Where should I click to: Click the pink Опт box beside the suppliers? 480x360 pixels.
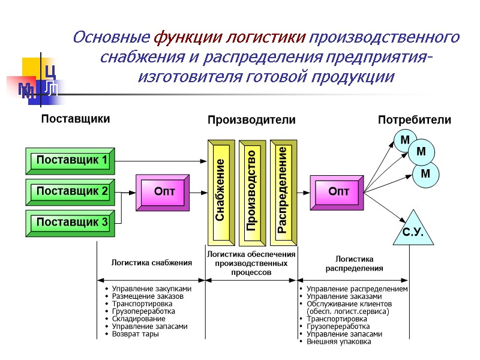pos(163,192)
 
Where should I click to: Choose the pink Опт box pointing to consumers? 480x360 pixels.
pos(338,192)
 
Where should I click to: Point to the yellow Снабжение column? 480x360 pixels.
pos(220,192)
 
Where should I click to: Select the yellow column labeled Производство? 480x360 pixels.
pos(251,192)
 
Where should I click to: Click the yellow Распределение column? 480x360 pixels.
pos(283,192)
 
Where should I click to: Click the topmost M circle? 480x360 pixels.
pos(405,140)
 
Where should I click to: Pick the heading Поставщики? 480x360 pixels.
pos(75,119)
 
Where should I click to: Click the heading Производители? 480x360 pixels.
pos(251,120)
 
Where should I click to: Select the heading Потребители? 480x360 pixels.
pos(414,120)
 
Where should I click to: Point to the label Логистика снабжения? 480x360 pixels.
pos(152,262)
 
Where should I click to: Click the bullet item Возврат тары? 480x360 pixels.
pos(136,334)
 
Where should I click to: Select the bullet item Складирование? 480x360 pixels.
pos(139,319)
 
